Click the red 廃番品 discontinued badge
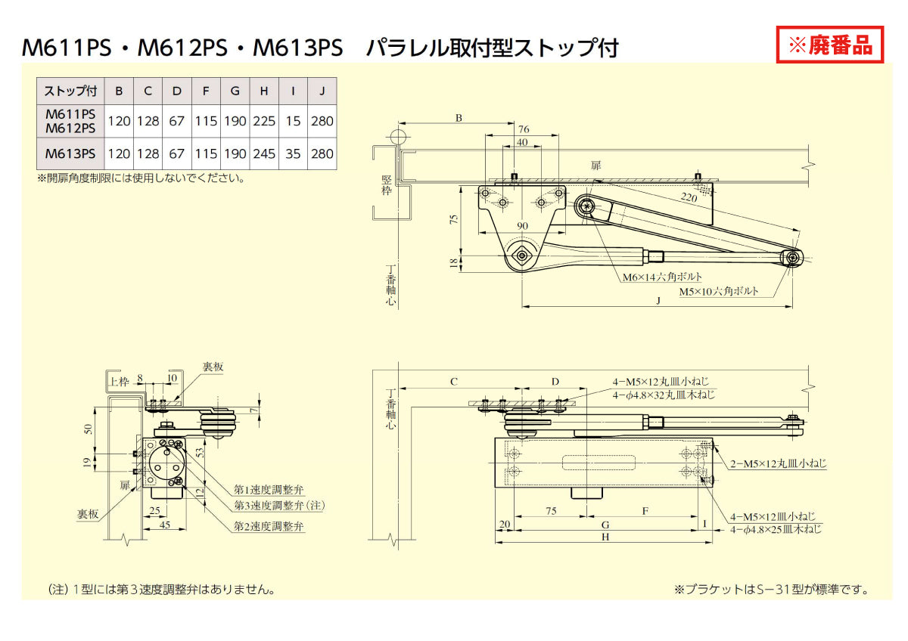(x=830, y=45)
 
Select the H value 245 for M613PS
(x=264, y=153)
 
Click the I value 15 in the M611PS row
(x=293, y=120)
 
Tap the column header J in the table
(x=322, y=91)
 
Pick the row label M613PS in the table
(x=70, y=153)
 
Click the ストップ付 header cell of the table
(x=70, y=91)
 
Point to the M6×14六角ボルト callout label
(x=662, y=277)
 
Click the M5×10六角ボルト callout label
(x=717, y=291)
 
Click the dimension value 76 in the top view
(x=523, y=129)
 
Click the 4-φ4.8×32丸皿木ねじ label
(x=663, y=395)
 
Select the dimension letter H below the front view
(x=604, y=537)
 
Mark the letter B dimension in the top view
(x=458, y=118)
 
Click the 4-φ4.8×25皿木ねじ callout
(x=776, y=530)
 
